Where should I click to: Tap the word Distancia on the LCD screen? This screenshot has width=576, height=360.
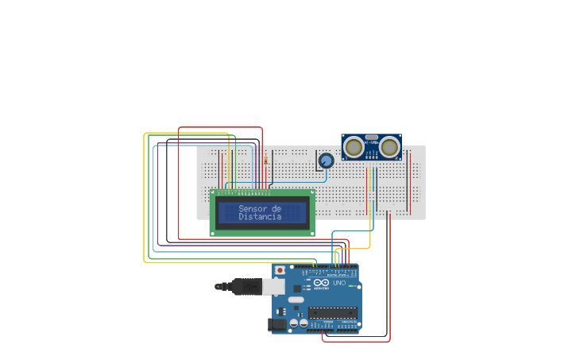260,217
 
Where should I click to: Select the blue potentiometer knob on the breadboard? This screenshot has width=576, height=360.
325,161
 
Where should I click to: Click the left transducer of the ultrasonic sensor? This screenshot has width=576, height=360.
354,147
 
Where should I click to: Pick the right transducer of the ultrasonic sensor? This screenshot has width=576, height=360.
389,147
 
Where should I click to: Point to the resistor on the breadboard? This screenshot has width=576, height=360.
265,161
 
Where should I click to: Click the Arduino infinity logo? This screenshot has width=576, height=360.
320,284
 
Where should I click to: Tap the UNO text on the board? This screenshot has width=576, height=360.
339,283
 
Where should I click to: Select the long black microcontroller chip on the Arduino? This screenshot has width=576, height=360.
333,312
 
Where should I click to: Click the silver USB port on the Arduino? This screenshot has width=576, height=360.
275,286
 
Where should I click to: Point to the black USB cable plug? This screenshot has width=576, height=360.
230,286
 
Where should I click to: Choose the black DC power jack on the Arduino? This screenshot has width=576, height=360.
277,323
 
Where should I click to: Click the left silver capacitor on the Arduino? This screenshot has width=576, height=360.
293,323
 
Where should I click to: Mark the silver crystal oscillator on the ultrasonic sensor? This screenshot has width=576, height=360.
372,139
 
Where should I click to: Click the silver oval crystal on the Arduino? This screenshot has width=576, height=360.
296,300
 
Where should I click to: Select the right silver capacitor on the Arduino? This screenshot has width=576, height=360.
303,323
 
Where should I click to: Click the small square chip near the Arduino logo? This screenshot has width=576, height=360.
296,288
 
